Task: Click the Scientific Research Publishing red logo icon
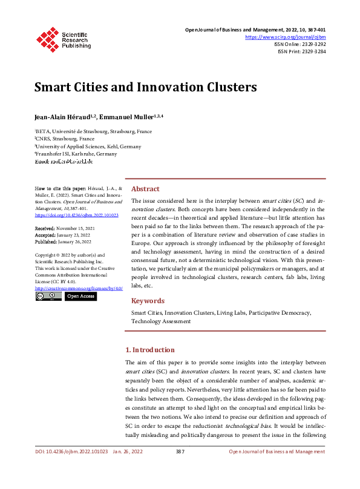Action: point(47,38)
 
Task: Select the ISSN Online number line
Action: point(300,44)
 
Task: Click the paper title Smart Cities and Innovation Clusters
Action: point(145,87)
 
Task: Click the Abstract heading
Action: point(145,189)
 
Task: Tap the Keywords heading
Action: point(148,301)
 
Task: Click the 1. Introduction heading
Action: point(149,350)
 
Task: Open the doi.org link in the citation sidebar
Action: point(76,215)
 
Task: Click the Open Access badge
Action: point(80,297)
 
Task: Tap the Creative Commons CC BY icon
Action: point(48,297)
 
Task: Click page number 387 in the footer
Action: point(180,451)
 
